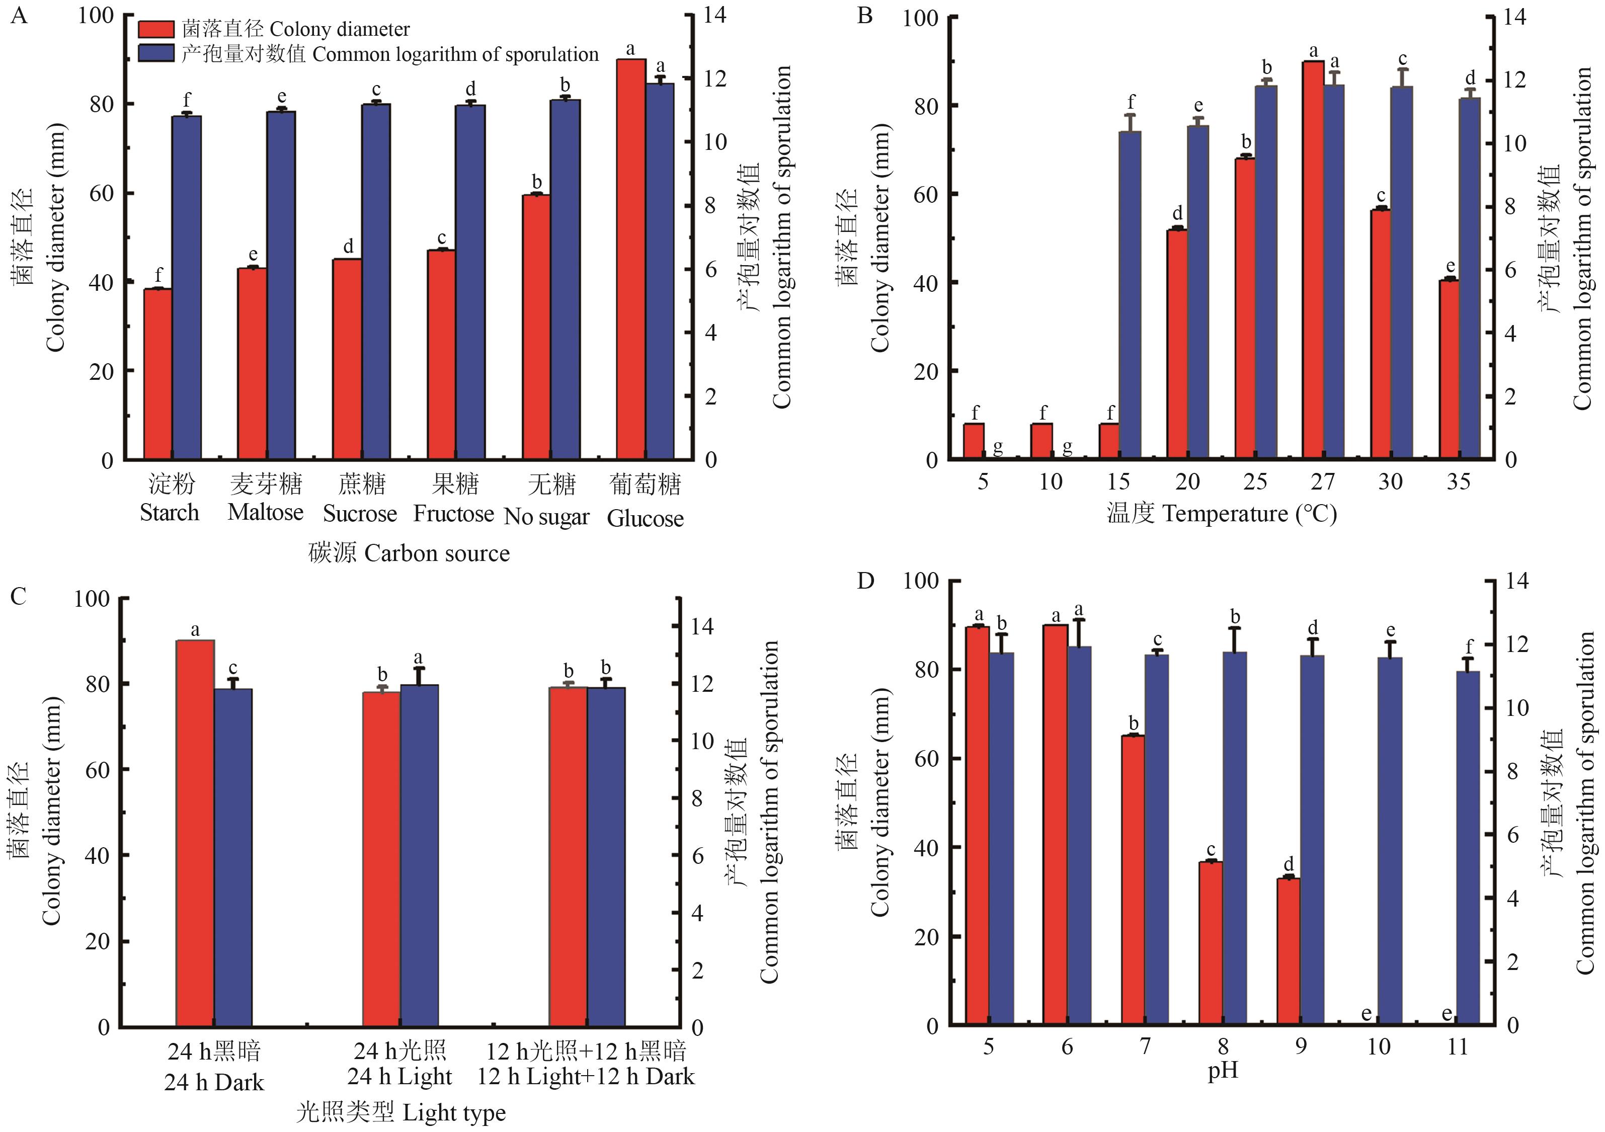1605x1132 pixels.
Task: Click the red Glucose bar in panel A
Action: coord(630,260)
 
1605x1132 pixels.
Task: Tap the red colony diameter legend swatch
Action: coord(155,29)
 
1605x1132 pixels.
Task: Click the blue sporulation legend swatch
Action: coord(155,54)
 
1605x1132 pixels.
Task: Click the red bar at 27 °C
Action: coord(1314,260)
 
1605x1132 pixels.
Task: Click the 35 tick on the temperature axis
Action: coord(1458,482)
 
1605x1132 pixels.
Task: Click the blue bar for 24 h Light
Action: coord(419,855)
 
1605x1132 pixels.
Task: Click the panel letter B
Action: coord(865,16)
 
